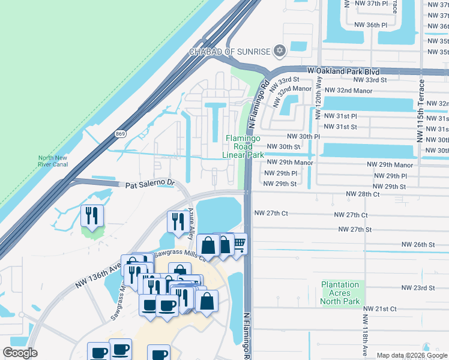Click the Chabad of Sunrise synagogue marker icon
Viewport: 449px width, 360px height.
pos(279,51)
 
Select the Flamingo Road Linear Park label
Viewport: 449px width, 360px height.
pos(244,147)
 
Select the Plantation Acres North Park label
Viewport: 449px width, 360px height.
pos(341,293)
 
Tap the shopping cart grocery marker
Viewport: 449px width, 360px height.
pos(238,243)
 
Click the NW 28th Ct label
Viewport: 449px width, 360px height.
pos(363,194)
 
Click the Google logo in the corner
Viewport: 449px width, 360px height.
pos(20,353)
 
